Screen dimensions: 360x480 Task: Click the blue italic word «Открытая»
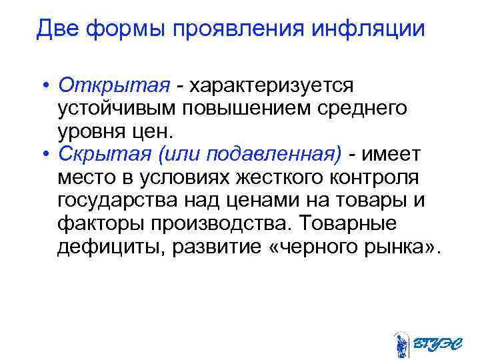pyautogui.click(x=115, y=86)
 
